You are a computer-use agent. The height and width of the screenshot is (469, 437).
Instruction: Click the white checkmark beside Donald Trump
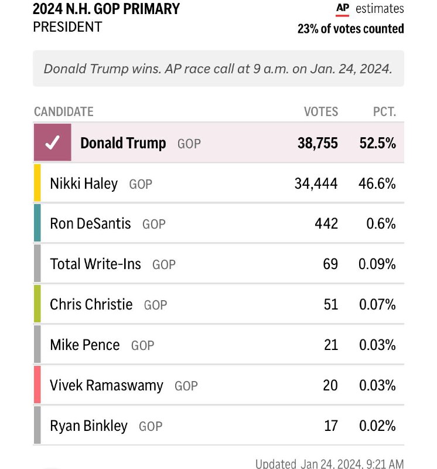52,143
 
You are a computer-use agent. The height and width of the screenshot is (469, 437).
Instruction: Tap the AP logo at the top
342,9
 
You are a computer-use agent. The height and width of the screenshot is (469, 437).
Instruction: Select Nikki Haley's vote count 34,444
316,183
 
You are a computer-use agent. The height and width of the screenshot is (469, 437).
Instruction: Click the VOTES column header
320,111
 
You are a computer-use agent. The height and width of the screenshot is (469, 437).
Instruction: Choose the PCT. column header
384,111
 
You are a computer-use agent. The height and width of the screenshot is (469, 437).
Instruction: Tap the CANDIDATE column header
64,111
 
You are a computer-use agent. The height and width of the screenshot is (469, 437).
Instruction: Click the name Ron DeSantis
90,223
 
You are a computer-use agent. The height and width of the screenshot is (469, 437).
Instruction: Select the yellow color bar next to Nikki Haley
37,183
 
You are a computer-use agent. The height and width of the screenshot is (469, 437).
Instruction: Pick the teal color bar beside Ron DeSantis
37,223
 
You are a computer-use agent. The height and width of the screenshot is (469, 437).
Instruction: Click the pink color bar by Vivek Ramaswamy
37,385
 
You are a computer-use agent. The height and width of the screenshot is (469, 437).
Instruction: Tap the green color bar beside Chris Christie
37,304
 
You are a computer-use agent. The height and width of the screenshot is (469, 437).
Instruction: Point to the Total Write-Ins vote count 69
330,264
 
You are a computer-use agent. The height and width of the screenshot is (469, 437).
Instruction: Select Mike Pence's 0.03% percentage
377,345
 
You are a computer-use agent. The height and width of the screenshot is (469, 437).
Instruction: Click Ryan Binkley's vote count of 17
330,426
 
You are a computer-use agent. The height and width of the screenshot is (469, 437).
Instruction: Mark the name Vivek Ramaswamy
107,385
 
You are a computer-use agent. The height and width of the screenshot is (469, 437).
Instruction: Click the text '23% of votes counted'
350,28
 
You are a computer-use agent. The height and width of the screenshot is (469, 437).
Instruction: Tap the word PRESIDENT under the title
67,27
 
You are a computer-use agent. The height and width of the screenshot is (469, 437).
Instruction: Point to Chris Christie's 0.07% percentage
377,304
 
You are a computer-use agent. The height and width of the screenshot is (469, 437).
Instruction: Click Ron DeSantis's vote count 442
326,223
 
